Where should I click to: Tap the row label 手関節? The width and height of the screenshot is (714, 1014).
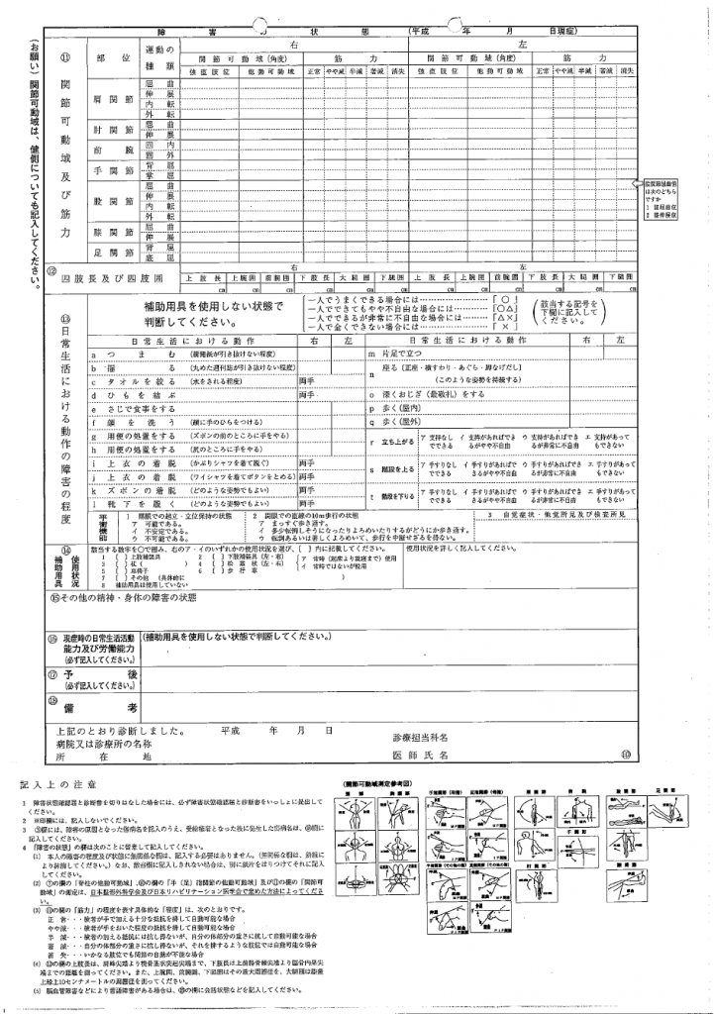(x=108, y=170)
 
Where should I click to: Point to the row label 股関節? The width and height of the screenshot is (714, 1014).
(x=108, y=201)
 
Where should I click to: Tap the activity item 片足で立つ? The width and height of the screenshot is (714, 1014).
(x=395, y=354)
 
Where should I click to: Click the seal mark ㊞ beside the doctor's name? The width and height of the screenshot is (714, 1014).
(x=625, y=754)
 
